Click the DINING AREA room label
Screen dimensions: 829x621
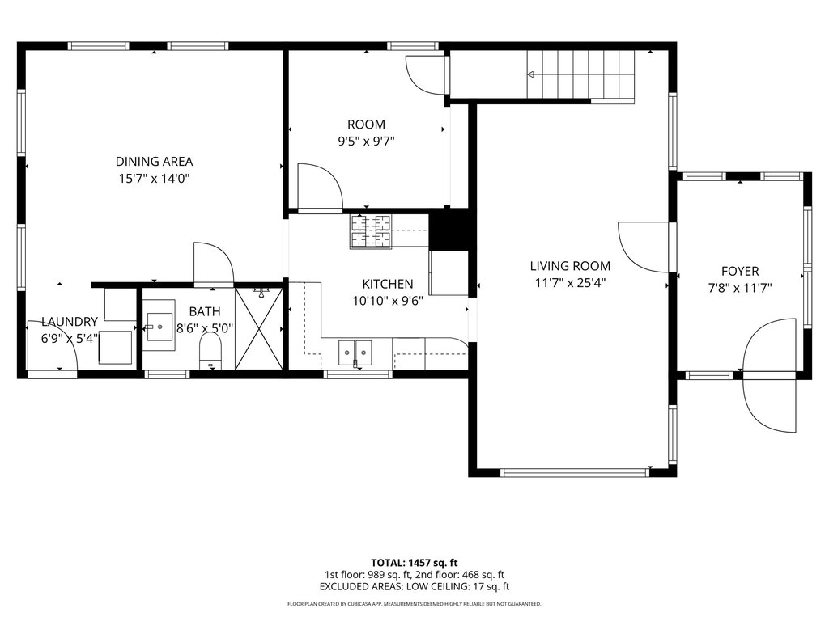[x=154, y=162]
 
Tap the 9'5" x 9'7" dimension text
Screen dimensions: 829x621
[x=366, y=142]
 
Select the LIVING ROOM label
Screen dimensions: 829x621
[x=570, y=266]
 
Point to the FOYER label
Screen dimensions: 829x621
[x=740, y=272]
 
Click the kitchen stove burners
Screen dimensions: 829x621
[x=371, y=231]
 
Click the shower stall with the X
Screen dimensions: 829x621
[x=259, y=328]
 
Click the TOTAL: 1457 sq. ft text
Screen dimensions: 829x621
[x=414, y=563]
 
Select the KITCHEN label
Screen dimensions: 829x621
[x=388, y=284]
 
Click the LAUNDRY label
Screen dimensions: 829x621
[x=70, y=322]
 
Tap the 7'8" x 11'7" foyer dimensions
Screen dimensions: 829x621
[x=740, y=289]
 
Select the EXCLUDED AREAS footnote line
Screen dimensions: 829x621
[x=414, y=587]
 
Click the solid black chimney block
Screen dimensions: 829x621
[x=449, y=230]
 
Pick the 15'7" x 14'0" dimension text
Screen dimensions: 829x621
[x=154, y=179]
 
